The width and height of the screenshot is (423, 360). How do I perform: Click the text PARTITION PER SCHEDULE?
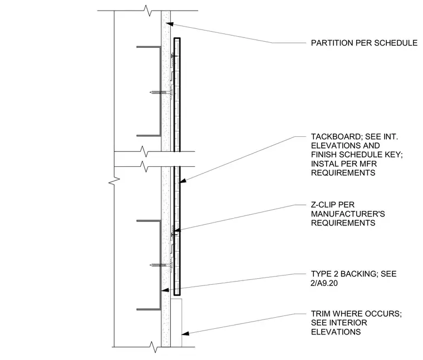pos(364,43)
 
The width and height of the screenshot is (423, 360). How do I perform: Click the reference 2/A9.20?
pos(324,283)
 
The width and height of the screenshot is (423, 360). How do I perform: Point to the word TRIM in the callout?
pos(321,314)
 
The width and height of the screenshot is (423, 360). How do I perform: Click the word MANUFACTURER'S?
pos(348,214)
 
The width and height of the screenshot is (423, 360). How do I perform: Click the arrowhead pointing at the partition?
pos(169,24)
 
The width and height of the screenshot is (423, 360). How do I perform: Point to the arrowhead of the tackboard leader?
pos(183,181)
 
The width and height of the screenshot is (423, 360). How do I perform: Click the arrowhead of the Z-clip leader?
pos(177,230)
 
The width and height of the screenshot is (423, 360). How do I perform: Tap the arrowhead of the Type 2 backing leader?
pos(165,290)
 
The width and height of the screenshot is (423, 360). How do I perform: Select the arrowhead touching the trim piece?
pos(185,333)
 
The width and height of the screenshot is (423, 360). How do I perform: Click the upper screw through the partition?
pos(161,92)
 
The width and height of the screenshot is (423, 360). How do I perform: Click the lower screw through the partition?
pos(161,265)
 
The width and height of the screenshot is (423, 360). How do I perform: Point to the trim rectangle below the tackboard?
pos(176,323)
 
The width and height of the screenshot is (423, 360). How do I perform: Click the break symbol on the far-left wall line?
pos(114,181)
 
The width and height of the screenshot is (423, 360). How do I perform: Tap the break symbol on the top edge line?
pos(147,11)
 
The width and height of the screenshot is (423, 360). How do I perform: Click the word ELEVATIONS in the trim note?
pos(336,332)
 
